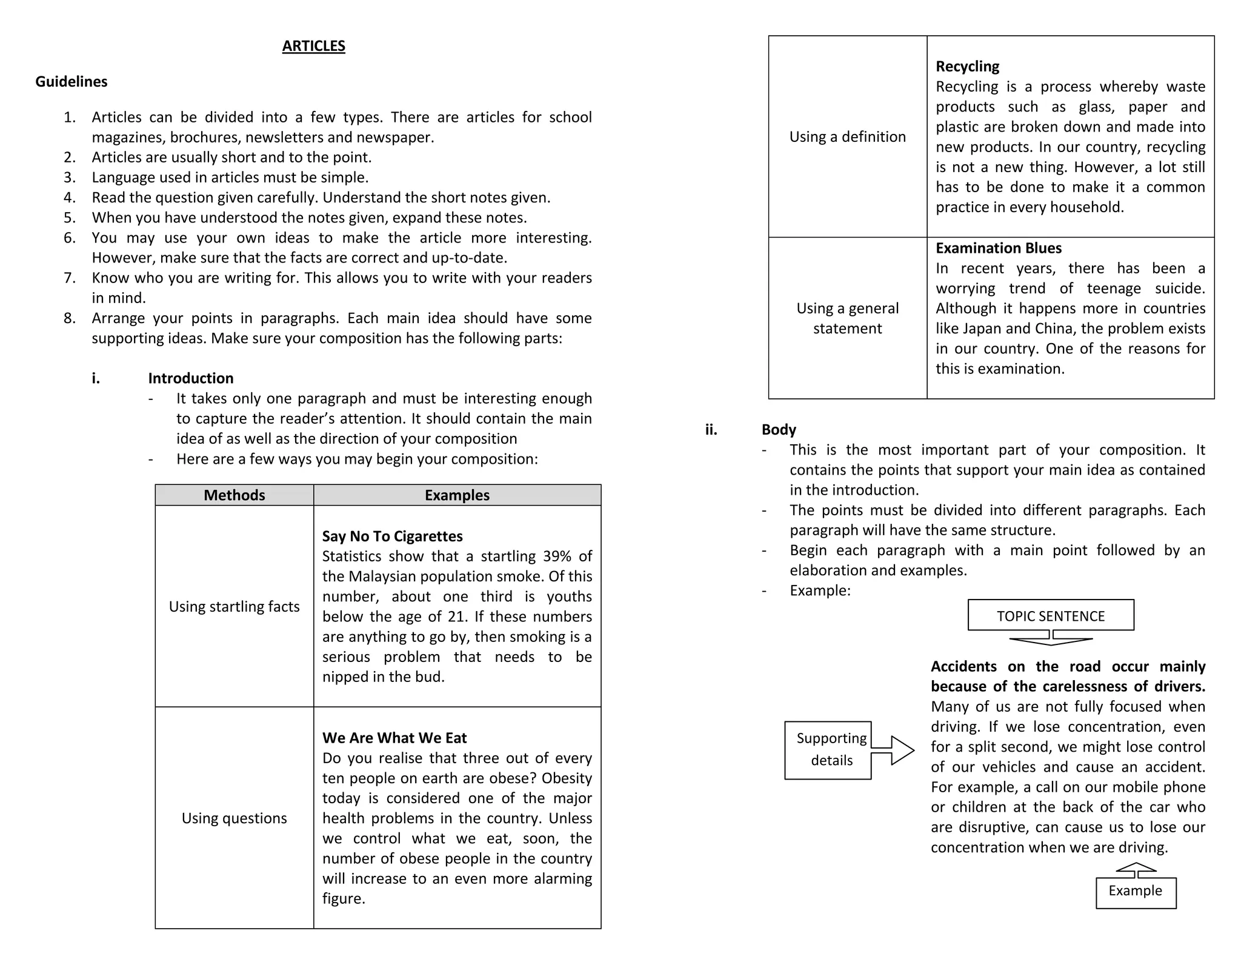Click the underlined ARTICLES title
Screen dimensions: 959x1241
(x=313, y=46)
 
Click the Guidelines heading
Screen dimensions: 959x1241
(x=71, y=82)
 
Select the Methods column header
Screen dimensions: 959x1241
(x=234, y=495)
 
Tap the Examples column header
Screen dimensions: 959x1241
(x=457, y=495)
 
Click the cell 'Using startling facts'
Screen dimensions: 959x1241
(x=234, y=607)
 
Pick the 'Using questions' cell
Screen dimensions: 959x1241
(x=234, y=818)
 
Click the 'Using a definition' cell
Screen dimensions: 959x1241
(x=847, y=137)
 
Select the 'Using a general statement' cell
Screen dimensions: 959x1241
(x=847, y=318)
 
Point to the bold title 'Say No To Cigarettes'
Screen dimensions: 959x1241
(x=392, y=536)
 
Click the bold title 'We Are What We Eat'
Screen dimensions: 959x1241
(x=394, y=738)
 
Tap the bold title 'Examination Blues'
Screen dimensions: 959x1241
(x=998, y=249)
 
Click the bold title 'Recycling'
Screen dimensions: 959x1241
(x=967, y=67)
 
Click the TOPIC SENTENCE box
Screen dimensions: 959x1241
(x=1051, y=616)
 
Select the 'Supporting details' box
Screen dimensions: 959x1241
(x=829, y=749)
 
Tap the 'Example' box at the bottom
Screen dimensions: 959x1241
(x=1136, y=891)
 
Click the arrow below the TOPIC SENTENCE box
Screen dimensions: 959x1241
(x=1051, y=638)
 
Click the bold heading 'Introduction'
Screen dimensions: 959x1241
(x=191, y=378)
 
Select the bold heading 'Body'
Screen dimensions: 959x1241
(x=779, y=430)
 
